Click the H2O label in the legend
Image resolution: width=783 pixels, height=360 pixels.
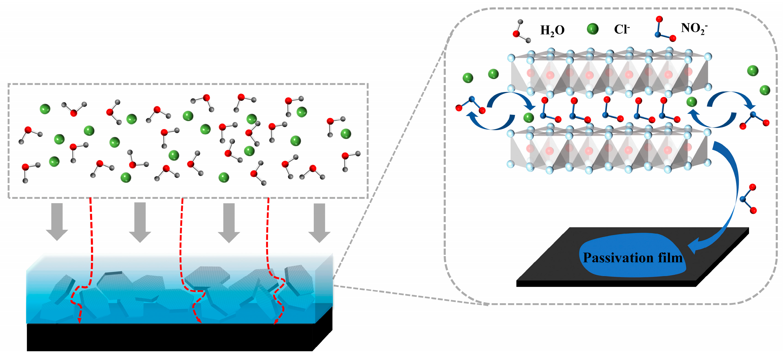pos(552,30)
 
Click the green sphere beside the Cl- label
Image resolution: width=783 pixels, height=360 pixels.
pos(592,29)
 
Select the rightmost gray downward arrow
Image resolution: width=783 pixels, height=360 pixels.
pos(319,222)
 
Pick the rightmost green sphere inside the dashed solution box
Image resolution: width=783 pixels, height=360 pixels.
pos(346,133)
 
